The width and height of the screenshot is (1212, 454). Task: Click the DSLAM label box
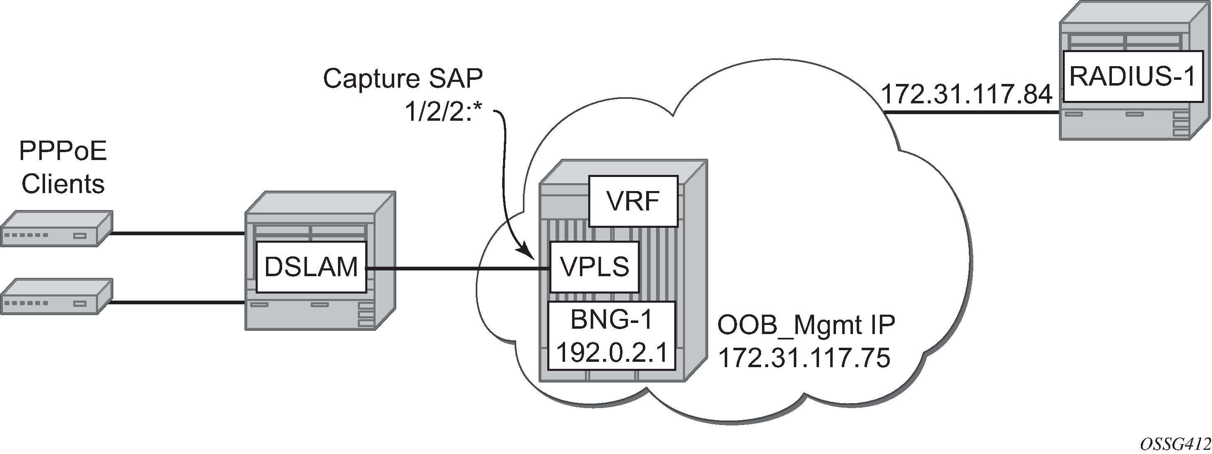pyautogui.click(x=311, y=267)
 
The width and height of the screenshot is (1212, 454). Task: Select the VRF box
pyautogui.click(x=633, y=201)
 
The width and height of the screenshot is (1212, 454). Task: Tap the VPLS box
pyautogui.click(x=594, y=267)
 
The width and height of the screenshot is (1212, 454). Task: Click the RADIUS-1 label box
pyautogui.click(x=1132, y=76)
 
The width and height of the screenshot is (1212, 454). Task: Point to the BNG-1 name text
pyautogui.click(x=611, y=320)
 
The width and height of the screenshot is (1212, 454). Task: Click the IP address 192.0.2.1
pyautogui.click(x=611, y=352)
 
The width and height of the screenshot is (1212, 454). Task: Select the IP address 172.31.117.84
pyautogui.click(x=966, y=94)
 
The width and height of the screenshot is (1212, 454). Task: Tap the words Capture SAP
pyautogui.click(x=403, y=79)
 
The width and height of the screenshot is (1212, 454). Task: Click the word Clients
pyautogui.click(x=63, y=184)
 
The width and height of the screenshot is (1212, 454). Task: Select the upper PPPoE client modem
pyautogui.click(x=55, y=229)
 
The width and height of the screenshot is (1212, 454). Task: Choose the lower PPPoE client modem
pyautogui.click(x=55, y=296)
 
